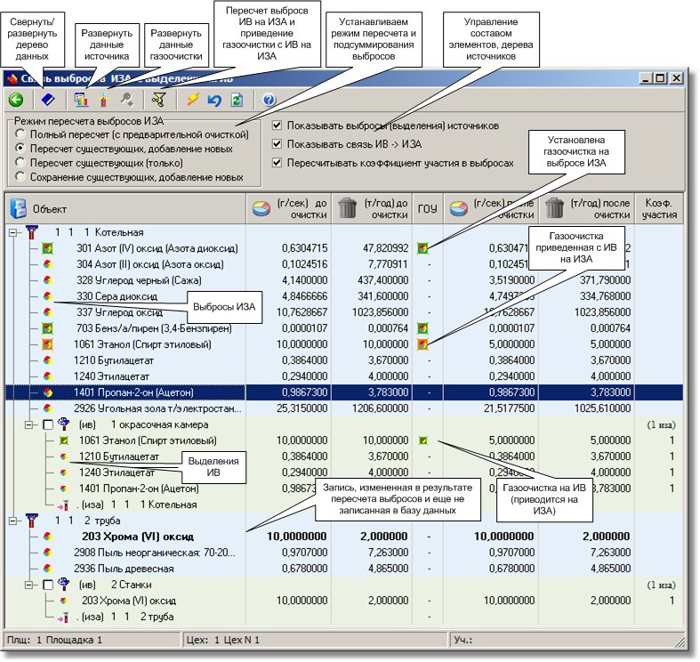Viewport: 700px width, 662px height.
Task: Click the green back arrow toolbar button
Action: point(15,100)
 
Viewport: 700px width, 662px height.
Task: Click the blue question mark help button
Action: point(269,100)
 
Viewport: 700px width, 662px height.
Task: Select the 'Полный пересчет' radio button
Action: point(20,133)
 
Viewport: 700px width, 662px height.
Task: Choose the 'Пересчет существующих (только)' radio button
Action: point(20,163)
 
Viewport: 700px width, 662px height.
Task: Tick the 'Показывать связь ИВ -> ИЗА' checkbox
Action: point(278,143)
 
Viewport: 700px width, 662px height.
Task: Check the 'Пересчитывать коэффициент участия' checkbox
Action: point(278,163)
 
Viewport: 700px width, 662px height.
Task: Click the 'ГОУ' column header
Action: point(427,209)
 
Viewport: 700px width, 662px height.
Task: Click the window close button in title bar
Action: point(676,78)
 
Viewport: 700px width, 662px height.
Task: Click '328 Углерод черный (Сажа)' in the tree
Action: point(128,280)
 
